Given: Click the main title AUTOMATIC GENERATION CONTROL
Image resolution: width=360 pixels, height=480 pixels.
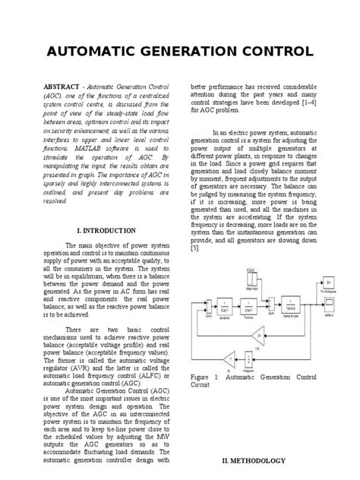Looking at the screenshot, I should click(x=180, y=52).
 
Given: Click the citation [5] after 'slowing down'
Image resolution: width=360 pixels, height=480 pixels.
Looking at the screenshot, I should click(x=195, y=248).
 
